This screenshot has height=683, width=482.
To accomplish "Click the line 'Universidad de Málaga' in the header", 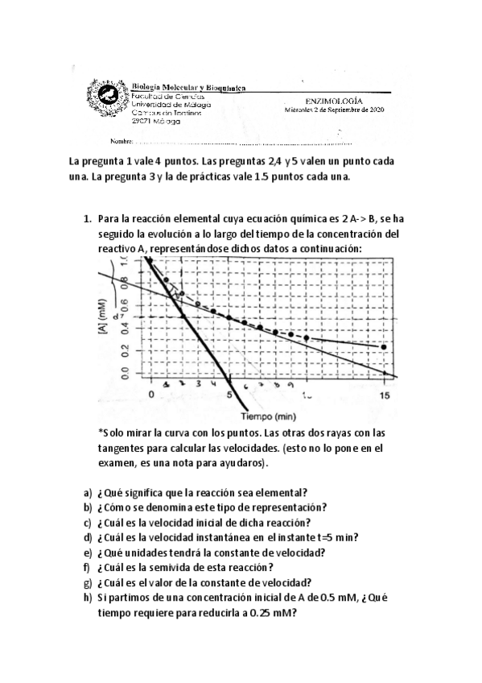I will pos(171,105).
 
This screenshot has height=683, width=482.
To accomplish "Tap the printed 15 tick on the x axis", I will pos(385,395).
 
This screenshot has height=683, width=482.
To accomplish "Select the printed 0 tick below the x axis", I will pos(151,395).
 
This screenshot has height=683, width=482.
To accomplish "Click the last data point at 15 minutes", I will pos(384,347).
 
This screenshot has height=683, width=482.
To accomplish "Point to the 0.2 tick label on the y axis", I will pos(124,350).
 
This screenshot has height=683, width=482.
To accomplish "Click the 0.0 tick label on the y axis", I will pos(124,373).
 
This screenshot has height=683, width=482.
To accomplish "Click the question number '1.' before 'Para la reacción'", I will pos(89,219).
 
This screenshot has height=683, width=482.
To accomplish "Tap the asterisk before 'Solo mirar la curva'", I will pos(101,433).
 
